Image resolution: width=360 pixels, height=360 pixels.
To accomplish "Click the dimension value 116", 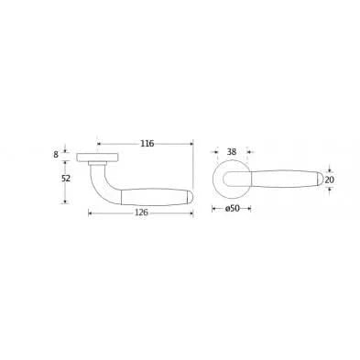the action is pyautogui.click(x=147, y=143).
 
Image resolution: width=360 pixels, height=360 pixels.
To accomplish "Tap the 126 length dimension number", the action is pyautogui.click(x=141, y=213).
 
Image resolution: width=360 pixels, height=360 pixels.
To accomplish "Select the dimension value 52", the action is pyautogui.click(x=66, y=179).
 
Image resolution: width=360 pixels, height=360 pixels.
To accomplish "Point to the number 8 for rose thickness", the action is pyautogui.click(x=56, y=155).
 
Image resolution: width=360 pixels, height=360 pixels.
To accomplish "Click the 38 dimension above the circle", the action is pyautogui.click(x=232, y=152).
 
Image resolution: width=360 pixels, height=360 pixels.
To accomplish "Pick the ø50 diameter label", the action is pyautogui.click(x=232, y=209).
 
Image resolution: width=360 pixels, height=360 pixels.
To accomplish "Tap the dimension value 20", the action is pyautogui.click(x=329, y=180).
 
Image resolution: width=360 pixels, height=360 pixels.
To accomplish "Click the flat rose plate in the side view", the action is pyautogui.click(x=97, y=157).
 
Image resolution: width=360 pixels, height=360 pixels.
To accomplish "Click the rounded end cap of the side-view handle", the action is pyautogui.click(x=190, y=197).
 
